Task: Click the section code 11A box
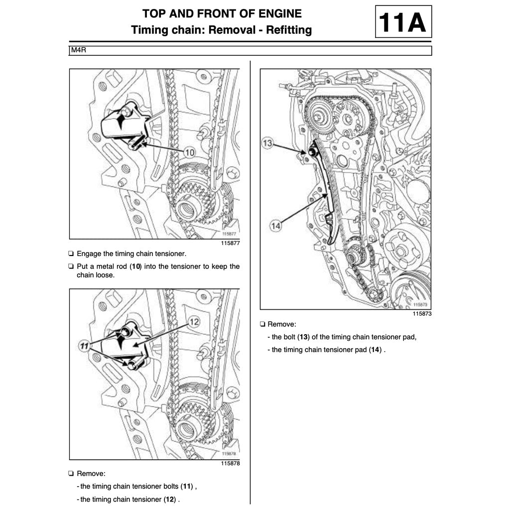click(x=403, y=22)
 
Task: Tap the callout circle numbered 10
click(x=190, y=152)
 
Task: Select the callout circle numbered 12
click(x=194, y=322)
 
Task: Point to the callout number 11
click(x=84, y=345)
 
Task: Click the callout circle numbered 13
click(x=268, y=143)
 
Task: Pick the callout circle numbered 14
click(x=275, y=226)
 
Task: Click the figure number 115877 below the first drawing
click(x=230, y=243)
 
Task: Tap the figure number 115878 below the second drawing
click(x=230, y=463)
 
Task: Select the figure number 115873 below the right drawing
click(x=421, y=314)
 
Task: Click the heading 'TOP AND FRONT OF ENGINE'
click(x=222, y=13)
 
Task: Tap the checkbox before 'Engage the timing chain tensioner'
click(x=71, y=254)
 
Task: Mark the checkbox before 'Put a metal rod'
click(x=71, y=266)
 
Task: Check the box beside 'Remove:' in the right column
click(x=262, y=324)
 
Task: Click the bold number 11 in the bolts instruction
click(x=187, y=487)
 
